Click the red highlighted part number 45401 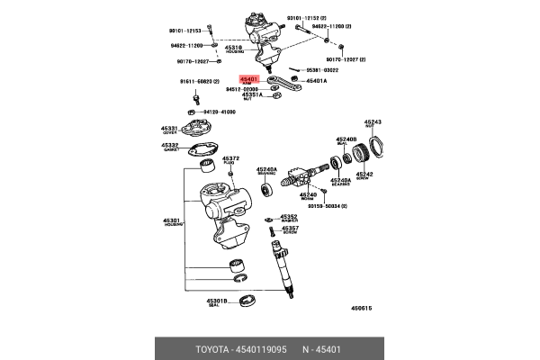point(249,79)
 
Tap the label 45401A point(317,81)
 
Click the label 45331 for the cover point(170,129)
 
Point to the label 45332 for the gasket point(170,144)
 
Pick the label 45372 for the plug point(231,158)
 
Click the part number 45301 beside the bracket point(171,220)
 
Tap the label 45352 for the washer point(288,216)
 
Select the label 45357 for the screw point(288,229)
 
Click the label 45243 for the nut point(373,121)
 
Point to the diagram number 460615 point(362,308)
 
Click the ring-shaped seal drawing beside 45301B point(247,299)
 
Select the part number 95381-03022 point(322,69)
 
